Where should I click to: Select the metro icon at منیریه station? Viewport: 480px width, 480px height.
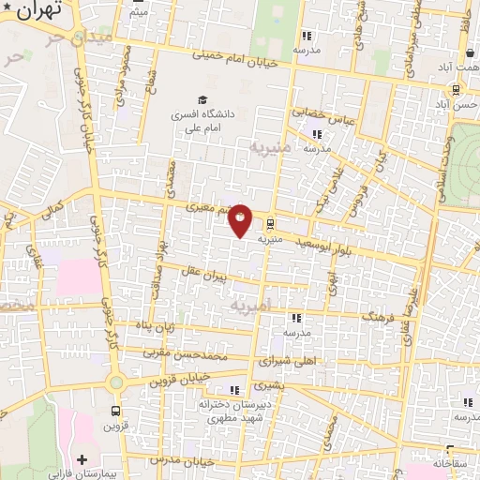pyautogui.click(x=270, y=224)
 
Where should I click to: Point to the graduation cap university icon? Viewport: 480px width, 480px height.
pyautogui.click(x=201, y=99)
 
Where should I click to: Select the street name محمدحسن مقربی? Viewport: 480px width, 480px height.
pyautogui.click(x=185, y=356)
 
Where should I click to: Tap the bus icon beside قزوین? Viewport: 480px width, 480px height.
pyautogui.click(x=116, y=412)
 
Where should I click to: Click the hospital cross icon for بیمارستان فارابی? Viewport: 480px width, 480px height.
pyautogui.click(x=83, y=460)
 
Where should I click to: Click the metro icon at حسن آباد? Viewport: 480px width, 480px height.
pyautogui.click(x=455, y=90)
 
